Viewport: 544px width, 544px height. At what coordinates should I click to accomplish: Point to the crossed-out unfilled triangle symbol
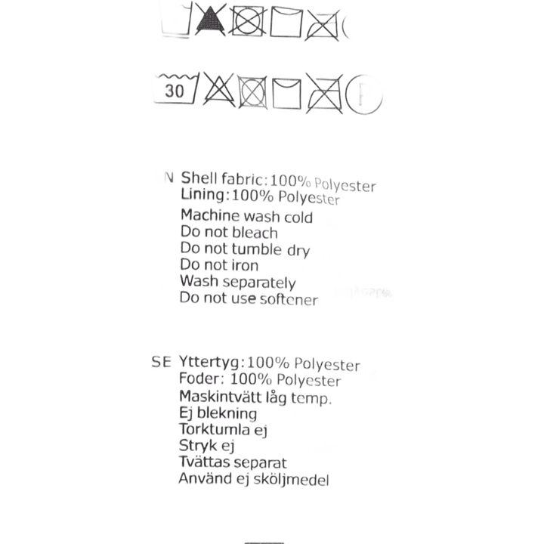click(x=215, y=92)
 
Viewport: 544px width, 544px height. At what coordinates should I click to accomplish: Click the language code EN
click(x=163, y=178)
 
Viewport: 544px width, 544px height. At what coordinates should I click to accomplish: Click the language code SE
click(x=162, y=363)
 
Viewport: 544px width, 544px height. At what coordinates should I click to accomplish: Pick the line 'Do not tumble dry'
click(x=246, y=249)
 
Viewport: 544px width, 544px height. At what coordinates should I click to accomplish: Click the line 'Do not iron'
click(x=219, y=266)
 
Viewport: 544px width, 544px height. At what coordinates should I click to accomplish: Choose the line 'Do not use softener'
click(x=249, y=299)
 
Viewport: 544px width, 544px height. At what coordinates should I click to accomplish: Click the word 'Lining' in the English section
click(x=202, y=195)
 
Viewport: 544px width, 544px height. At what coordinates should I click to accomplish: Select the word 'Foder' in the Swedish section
click(x=198, y=379)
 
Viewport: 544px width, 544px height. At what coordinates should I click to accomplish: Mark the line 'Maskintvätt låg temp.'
click(x=254, y=397)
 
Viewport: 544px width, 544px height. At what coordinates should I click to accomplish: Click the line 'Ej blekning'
click(x=217, y=413)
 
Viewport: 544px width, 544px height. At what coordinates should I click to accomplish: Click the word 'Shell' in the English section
click(x=199, y=178)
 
